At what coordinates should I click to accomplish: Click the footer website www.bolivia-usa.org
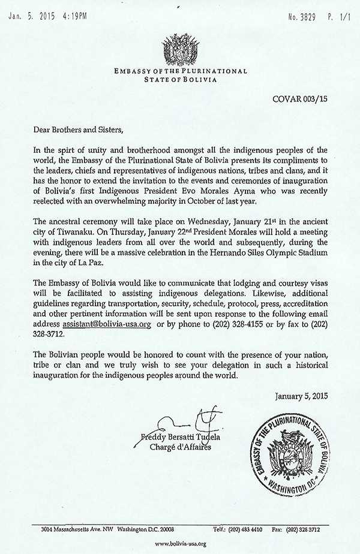coord(180,543)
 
